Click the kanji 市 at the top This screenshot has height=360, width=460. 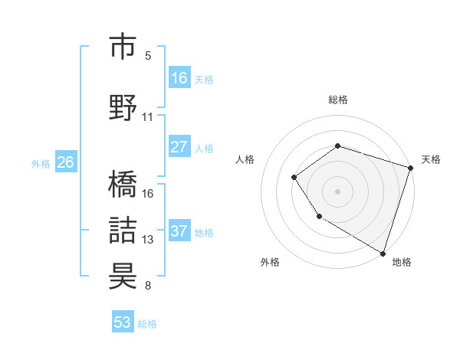point(124,47)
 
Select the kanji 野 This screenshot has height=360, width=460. point(124,106)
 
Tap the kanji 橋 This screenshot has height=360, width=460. point(124,184)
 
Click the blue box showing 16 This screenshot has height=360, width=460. point(179,78)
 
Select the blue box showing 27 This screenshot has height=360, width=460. point(179,147)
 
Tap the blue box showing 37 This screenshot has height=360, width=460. point(179,231)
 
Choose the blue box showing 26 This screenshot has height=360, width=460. point(65,162)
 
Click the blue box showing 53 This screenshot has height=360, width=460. point(123,322)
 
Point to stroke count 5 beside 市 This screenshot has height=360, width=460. point(148,55)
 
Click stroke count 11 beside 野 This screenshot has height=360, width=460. point(148,116)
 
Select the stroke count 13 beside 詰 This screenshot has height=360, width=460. point(148,240)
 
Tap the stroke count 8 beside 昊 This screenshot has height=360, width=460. point(148,286)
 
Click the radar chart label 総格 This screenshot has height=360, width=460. point(337,100)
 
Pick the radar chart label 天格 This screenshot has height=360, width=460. point(431,159)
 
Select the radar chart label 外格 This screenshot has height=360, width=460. point(270,262)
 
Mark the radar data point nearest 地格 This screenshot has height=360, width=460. point(382,252)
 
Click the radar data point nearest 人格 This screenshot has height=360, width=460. point(294,178)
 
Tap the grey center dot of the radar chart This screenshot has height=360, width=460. point(337,191)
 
